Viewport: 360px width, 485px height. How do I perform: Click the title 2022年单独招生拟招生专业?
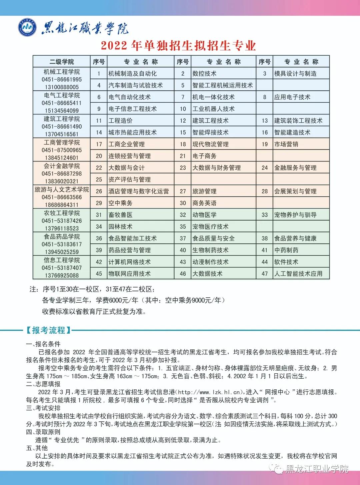click(178, 46)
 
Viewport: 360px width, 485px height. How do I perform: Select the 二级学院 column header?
click(62, 62)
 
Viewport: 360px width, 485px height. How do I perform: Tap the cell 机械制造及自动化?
click(132, 74)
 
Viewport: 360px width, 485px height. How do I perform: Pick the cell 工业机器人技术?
click(213, 109)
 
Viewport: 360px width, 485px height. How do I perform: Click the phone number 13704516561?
click(62, 134)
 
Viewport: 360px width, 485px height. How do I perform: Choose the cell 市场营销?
click(286, 144)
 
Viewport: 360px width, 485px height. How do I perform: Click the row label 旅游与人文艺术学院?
click(62, 190)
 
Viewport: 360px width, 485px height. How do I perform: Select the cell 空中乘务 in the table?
click(120, 203)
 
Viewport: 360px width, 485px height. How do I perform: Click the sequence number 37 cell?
click(183, 239)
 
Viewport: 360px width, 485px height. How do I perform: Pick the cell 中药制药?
click(286, 250)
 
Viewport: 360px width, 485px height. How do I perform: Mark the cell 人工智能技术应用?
click(298, 274)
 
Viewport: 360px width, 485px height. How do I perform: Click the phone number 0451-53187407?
click(62, 268)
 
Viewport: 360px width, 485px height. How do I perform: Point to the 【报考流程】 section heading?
click(49, 330)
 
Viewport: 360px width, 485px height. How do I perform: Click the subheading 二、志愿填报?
click(43, 384)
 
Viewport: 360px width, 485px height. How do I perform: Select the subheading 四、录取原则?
click(43, 432)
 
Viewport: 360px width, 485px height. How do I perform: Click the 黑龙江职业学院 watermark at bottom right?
click(317, 469)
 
